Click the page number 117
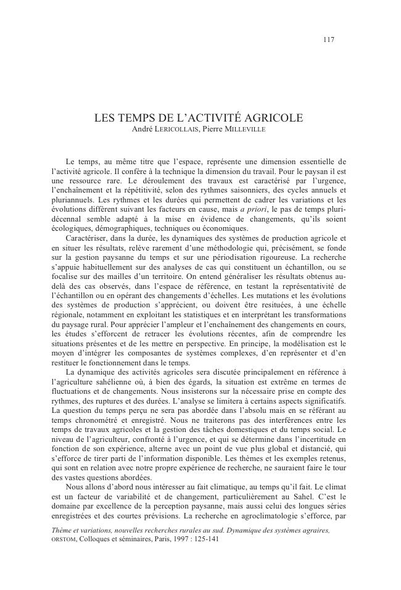point(328,39)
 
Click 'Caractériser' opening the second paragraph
point(88,238)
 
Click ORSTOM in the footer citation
point(64,539)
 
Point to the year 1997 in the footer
point(178,539)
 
